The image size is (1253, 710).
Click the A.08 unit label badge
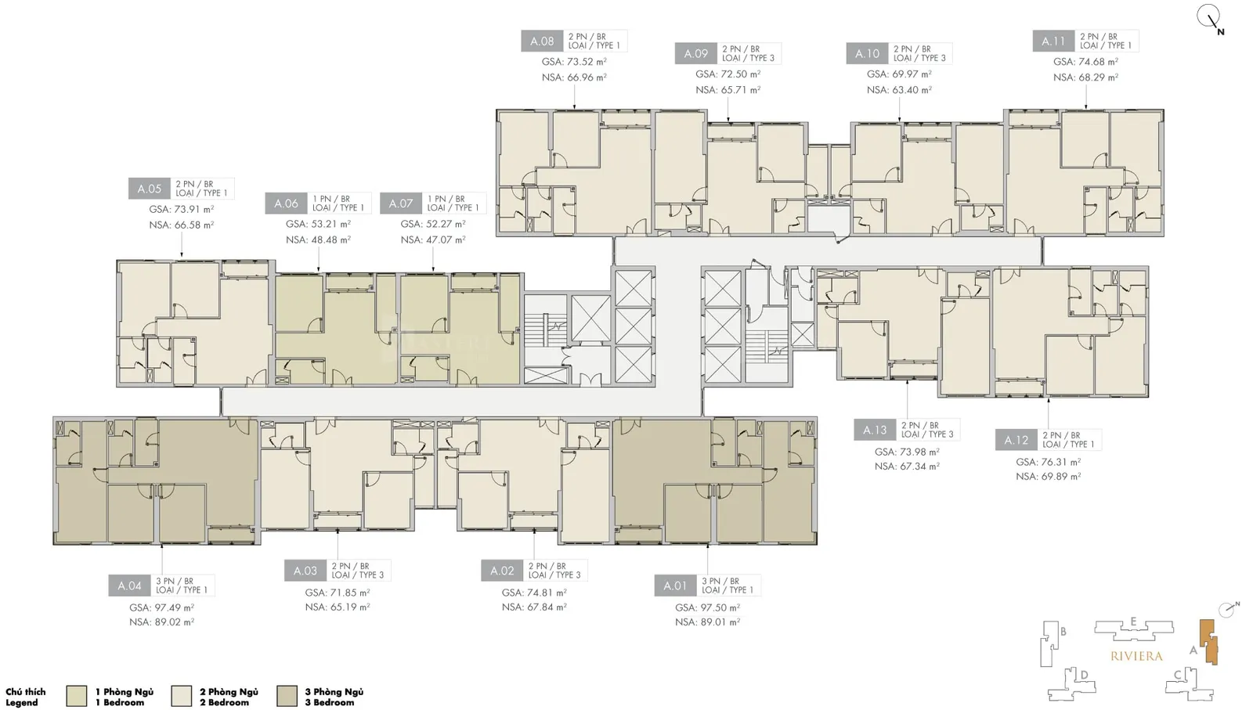(x=542, y=41)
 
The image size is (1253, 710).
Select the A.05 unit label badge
(x=150, y=189)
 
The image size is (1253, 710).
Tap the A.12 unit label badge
(x=1016, y=440)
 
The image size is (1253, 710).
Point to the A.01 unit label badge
(x=675, y=586)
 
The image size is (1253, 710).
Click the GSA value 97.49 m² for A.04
(x=161, y=607)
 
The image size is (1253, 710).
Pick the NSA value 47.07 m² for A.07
(x=433, y=240)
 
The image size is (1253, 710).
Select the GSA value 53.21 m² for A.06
(x=318, y=224)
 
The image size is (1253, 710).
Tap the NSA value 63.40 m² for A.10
(x=900, y=90)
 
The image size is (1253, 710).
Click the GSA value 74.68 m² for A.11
(x=1085, y=62)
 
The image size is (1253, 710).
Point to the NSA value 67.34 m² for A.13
(x=908, y=467)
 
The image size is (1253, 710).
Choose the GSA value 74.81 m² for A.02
(x=534, y=593)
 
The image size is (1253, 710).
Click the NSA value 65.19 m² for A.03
(x=338, y=607)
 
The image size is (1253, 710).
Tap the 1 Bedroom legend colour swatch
(x=77, y=697)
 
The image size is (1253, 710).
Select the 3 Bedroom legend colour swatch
(x=287, y=697)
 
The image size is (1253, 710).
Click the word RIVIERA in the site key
(x=1136, y=656)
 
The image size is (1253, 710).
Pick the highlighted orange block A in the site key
(x=1210, y=642)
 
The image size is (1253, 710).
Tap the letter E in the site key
(x=1133, y=622)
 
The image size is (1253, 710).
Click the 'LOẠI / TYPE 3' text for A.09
(x=749, y=58)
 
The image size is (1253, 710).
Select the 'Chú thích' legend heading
(x=26, y=691)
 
